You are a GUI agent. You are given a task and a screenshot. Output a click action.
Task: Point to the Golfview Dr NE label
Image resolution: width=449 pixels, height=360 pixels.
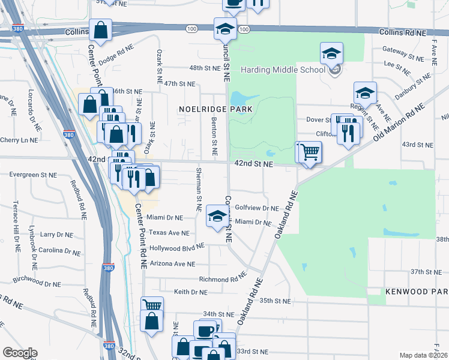257,208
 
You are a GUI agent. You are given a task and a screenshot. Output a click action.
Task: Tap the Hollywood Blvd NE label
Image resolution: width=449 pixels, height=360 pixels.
177,247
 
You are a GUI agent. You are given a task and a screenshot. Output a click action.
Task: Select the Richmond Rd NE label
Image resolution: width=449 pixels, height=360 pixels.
223,278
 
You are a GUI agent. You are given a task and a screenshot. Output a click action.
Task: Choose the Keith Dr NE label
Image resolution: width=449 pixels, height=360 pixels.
190,292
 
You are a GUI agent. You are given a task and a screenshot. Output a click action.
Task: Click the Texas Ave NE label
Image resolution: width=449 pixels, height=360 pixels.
169,233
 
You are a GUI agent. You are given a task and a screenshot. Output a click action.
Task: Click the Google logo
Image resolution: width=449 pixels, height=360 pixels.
20,352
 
